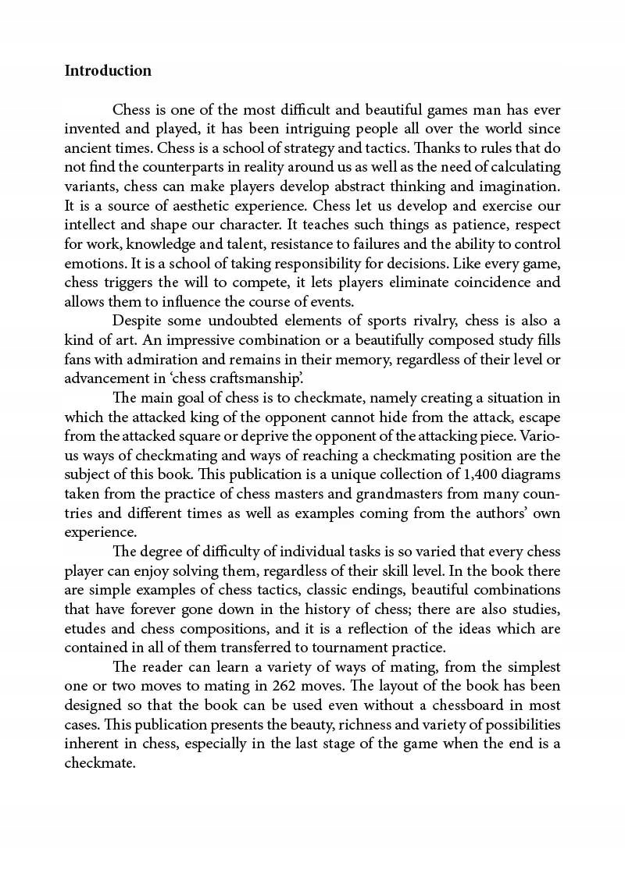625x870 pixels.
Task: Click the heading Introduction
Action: click(x=108, y=71)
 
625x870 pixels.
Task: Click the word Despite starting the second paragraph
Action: click(x=138, y=320)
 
